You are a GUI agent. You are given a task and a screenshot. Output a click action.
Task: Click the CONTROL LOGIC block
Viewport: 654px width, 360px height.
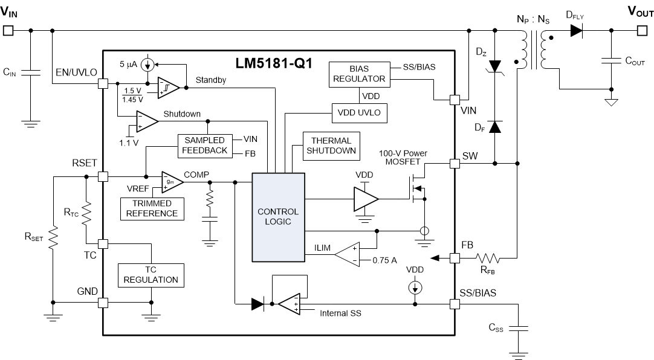tap(278, 217)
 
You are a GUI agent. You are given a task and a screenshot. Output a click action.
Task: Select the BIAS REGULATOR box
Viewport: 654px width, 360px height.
tap(358, 74)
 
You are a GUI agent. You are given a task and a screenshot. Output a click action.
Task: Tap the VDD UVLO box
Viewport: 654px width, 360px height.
tap(358, 113)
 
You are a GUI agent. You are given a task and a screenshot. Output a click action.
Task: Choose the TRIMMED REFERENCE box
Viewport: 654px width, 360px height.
tap(152, 208)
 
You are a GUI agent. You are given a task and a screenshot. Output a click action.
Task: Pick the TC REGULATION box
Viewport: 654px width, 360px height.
tap(151, 275)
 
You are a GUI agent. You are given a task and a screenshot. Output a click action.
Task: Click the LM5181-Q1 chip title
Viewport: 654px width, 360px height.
tap(274, 63)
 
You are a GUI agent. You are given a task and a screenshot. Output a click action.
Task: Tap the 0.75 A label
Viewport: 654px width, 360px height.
tap(384, 262)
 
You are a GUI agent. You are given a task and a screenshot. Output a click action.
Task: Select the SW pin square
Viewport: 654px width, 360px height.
tap(455, 163)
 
